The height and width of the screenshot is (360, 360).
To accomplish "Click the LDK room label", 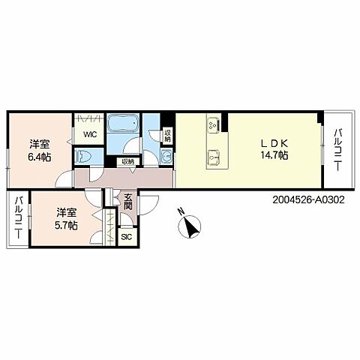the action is pos(274,143).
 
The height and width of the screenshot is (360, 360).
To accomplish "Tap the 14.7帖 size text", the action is pos(274,155).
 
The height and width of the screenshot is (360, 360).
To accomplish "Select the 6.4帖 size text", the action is pos(40,157).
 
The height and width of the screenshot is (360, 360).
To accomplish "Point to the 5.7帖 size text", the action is pos(66,225).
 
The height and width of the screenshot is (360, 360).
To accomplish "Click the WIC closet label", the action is pos(90,135).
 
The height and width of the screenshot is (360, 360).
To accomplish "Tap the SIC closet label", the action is pos(126,237).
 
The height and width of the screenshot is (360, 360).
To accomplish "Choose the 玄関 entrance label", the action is pos(128,202).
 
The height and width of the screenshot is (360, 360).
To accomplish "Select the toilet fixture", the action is pos(85,157).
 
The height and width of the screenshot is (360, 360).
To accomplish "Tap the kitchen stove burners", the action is pos(214,124).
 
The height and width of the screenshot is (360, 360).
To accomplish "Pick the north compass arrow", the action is pos(190,227).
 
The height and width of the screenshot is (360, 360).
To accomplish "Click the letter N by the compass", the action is pos(181,212).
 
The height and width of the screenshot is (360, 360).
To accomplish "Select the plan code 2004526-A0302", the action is pos(308,199).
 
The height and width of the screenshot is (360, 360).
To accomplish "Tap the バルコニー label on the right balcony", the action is pos(337,149).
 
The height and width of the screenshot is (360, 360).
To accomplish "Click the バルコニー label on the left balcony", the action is pos(19,217).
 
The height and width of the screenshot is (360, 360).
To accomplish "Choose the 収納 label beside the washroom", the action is pos(167,135).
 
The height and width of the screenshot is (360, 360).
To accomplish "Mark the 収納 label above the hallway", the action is pos(127,162).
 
